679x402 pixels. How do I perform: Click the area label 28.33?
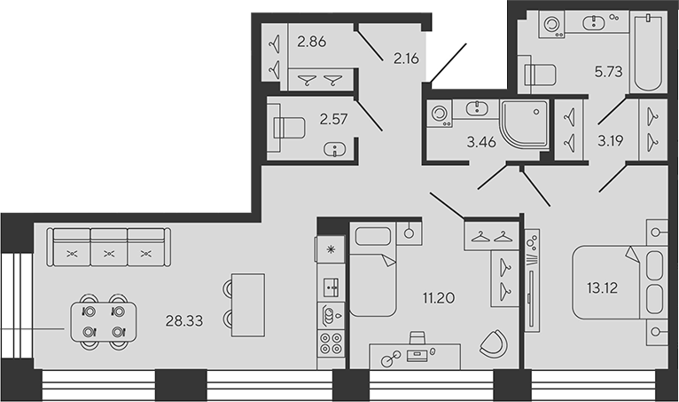[x=184, y=321]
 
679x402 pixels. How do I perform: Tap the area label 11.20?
[x=439, y=298]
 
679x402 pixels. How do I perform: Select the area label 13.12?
[x=603, y=288]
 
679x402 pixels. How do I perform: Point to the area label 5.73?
[x=608, y=72]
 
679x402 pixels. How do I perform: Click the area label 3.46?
[x=481, y=142]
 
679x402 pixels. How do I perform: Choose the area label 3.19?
[x=611, y=141]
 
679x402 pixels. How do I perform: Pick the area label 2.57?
[x=333, y=119]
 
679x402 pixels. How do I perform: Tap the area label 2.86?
[x=311, y=42]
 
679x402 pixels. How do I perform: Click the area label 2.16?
[x=406, y=58]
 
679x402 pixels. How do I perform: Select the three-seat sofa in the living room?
[x=109, y=248]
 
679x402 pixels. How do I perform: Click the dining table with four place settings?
[x=104, y=322]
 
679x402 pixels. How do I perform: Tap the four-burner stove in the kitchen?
[x=332, y=343]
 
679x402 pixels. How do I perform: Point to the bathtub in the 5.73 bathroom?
[x=648, y=52]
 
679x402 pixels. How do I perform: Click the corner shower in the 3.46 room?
[x=525, y=124]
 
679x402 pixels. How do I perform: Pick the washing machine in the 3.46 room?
[x=439, y=114]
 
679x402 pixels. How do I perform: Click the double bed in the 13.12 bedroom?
[x=618, y=283]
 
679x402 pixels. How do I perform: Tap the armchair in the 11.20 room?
[x=494, y=343]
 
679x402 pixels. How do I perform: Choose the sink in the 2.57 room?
[x=335, y=150]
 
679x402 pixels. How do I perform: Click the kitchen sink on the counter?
[x=332, y=288]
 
